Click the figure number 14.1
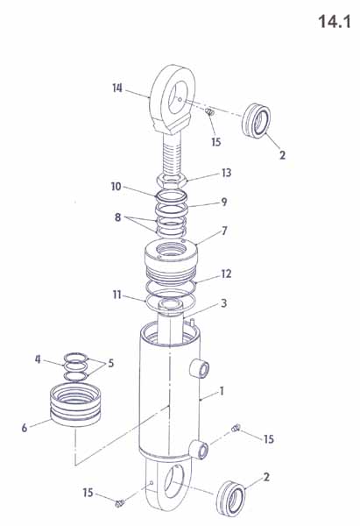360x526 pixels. click(x=335, y=21)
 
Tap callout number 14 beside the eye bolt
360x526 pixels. click(x=117, y=89)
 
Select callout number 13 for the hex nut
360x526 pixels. click(x=227, y=173)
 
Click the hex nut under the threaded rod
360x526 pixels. click(x=172, y=181)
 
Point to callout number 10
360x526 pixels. click(x=116, y=187)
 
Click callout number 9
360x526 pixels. click(x=224, y=202)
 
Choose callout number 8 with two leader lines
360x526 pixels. click(x=117, y=217)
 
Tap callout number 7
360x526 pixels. click(x=224, y=231)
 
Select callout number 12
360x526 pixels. click(x=227, y=274)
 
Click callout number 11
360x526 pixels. click(x=116, y=295)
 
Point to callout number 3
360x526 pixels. click(x=224, y=303)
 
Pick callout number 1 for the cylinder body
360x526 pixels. click(x=222, y=392)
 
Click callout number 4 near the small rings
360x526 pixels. click(x=38, y=359)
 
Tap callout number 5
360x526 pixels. click(x=110, y=363)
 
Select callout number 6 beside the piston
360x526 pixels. click(x=25, y=428)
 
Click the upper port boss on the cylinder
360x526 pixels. click(x=200, y=369)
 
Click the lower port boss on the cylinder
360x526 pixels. click(x=199, y=451)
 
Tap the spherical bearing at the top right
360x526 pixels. click(x=256, y=120)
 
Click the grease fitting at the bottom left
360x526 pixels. click(x=120, y=503)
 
